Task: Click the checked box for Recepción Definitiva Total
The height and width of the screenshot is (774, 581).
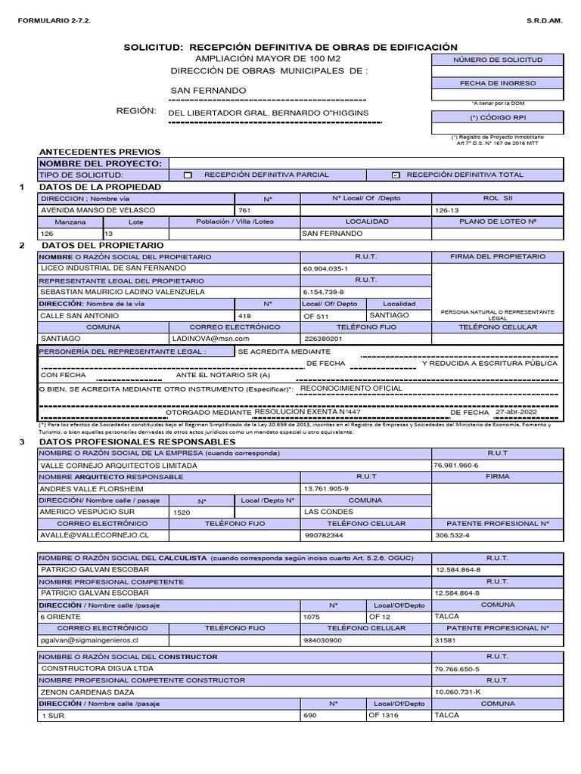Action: pos(395,175)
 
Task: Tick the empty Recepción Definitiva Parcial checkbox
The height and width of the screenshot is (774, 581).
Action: pos(188,175)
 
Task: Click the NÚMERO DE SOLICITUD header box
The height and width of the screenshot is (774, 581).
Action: pos(497,60)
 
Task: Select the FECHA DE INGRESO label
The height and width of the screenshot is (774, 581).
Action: pos(497,83)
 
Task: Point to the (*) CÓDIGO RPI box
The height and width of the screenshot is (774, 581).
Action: pos(497,118)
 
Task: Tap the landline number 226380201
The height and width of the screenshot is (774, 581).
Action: pos(323,339)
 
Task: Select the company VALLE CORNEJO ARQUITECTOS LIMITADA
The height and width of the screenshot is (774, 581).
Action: pos(118,466)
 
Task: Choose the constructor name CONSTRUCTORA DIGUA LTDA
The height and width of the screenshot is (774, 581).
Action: pos(97,669)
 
